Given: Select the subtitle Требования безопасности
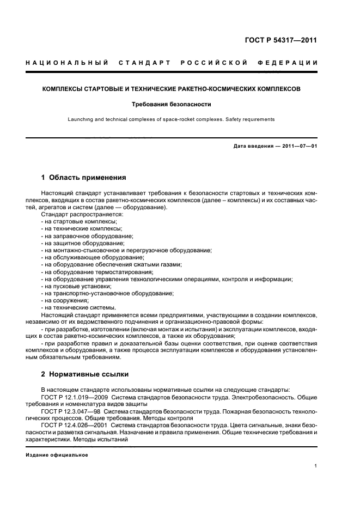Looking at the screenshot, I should [172, 104].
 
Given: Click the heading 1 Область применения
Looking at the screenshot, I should [84, 178].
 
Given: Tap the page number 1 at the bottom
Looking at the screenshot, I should [316, 465].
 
